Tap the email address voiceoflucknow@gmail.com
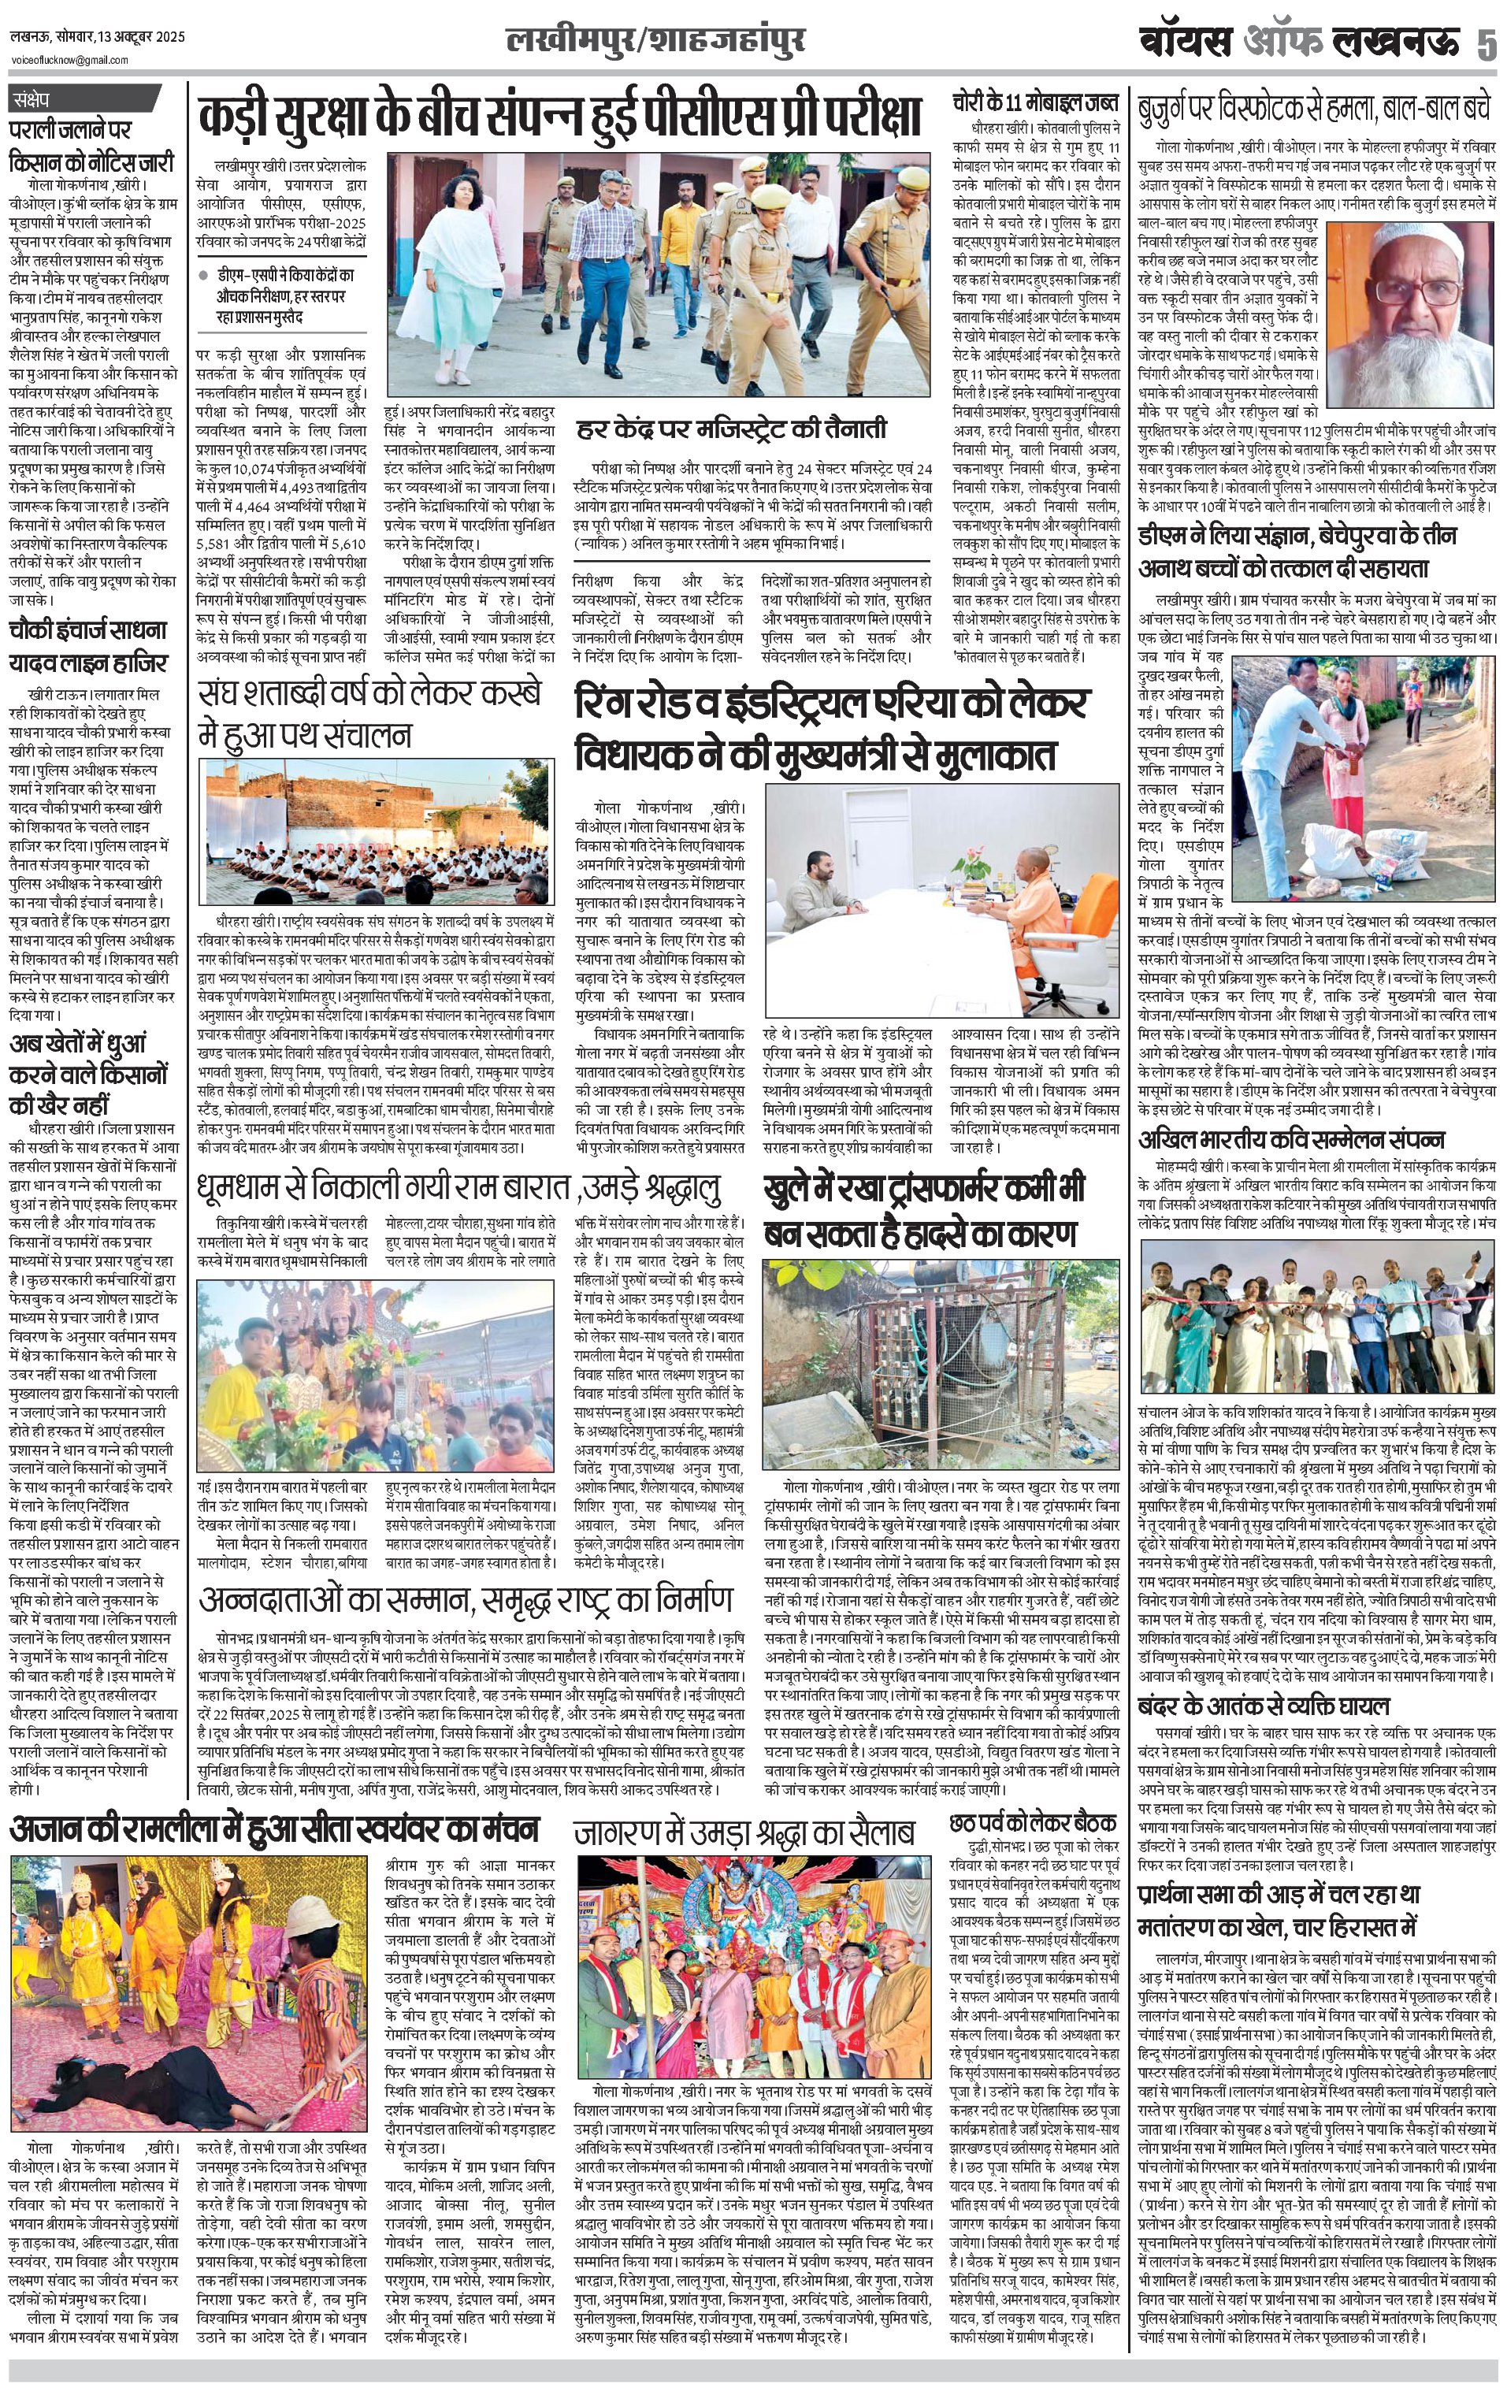click(x=69, y=61)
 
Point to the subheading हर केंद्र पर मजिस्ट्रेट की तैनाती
click(x=732, y=430)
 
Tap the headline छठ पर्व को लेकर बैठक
click(x=1034, y=1822)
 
